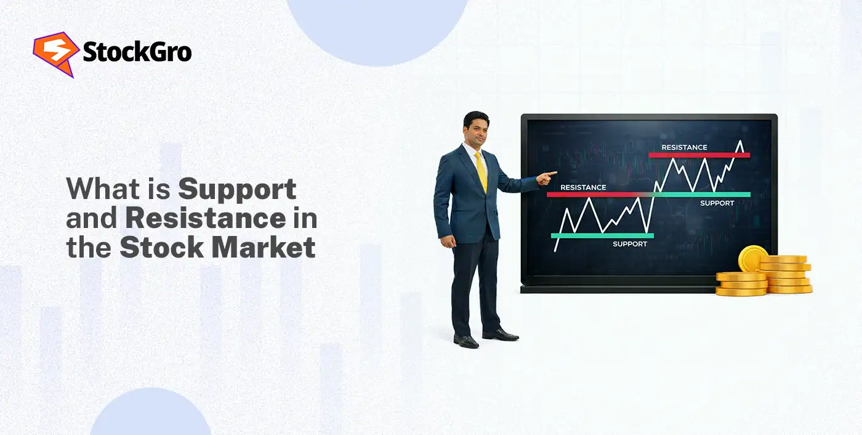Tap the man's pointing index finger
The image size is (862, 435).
point(554,174)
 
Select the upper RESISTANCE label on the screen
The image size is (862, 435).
point(684,147)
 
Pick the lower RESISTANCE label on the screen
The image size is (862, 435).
point(583,187)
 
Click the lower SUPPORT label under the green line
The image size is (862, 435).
point(630,244)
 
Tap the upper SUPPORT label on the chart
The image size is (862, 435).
point(717,203)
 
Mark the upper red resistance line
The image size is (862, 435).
point(699,155)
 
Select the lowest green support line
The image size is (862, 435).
point(602,235)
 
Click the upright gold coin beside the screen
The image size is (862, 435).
point(752,259)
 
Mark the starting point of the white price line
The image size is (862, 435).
point(555,251)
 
